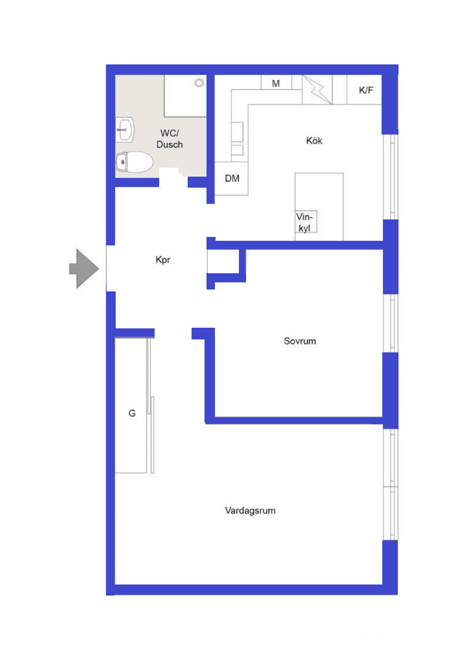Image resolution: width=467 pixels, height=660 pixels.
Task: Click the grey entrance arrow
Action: tap(85, 268)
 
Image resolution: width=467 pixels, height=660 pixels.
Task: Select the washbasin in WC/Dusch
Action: tap(125, 130)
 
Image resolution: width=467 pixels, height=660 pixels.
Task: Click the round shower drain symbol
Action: tap(199, 83)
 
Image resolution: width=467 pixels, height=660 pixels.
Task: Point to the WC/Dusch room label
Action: tap(170, 139)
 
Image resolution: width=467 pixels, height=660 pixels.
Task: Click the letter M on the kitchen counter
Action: tap(276, 83)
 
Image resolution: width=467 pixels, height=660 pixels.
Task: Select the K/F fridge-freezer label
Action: tap(366, 90)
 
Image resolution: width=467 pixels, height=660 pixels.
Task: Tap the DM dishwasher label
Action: tap(232, 178)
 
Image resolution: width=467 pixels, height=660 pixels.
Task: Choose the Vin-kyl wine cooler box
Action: tap(305, 222)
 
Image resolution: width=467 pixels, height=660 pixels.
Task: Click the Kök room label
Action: tap(314, 141)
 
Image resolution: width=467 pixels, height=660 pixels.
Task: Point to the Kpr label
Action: tap(163, 260)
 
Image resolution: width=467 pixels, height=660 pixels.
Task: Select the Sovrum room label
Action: tap(300, 341)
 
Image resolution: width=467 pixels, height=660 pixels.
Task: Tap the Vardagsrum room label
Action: tap(250, 510)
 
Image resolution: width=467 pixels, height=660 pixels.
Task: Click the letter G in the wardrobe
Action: tap(132, 413)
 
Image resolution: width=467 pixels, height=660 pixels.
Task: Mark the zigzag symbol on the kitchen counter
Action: tap(317, 89)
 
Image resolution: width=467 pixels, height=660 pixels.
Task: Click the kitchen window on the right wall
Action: tap(391, 177)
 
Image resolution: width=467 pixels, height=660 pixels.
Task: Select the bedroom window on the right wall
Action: tap(391, 323)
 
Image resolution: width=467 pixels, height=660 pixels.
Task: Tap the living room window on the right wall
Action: tap(391, 484)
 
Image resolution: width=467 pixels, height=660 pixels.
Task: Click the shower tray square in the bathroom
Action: tap(185, 96)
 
